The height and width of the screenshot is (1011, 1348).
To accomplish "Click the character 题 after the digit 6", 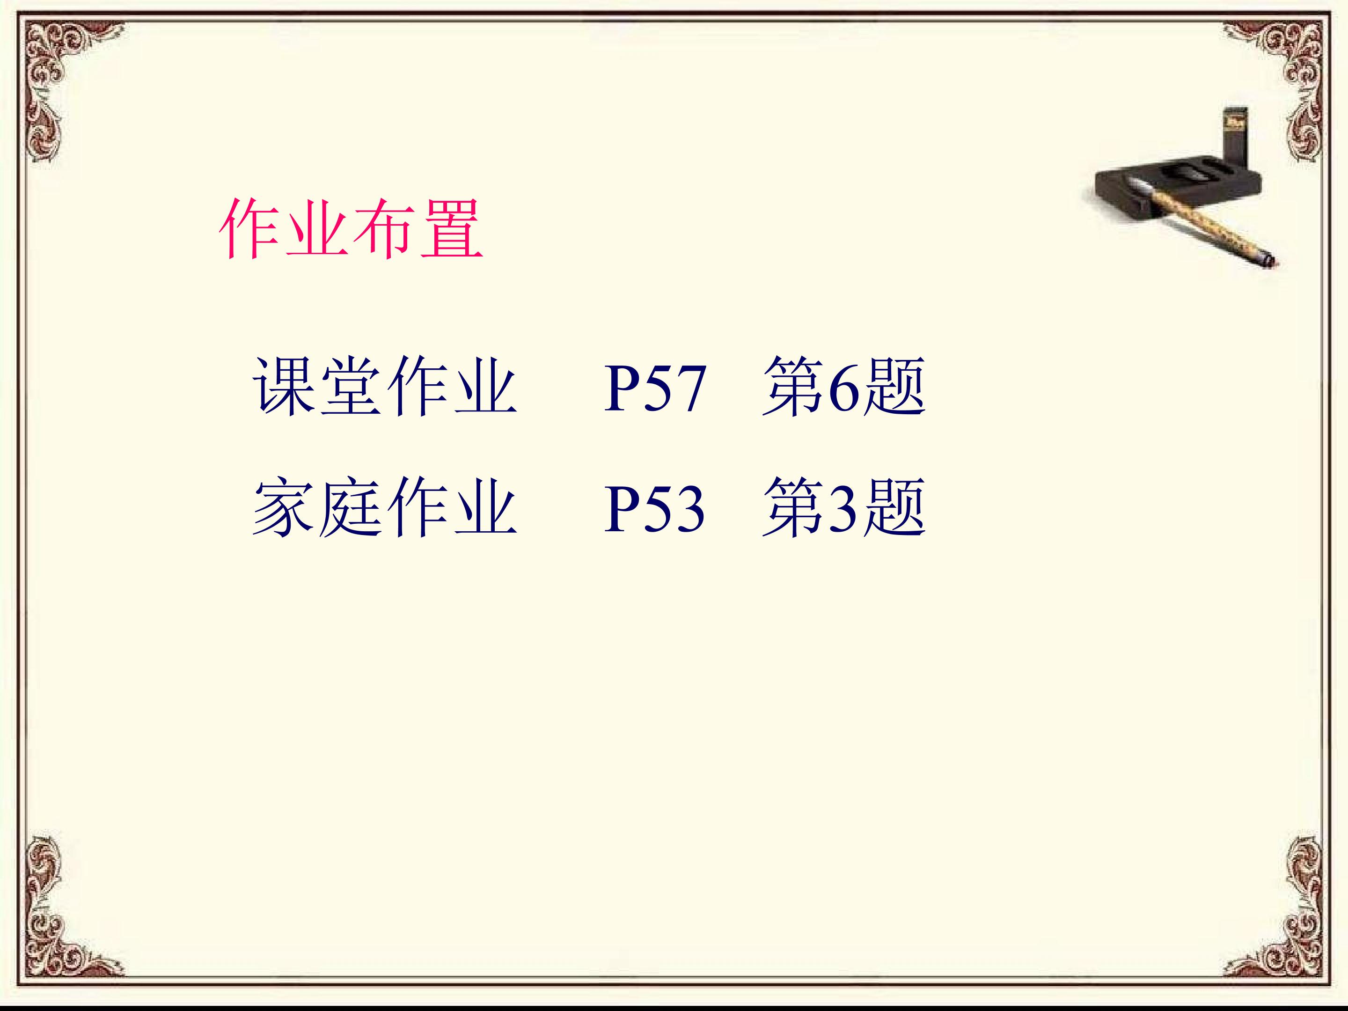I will [894, 388].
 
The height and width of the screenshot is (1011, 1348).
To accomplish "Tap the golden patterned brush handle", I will [1213, 232].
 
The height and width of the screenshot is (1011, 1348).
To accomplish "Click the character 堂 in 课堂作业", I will [351, 388].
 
